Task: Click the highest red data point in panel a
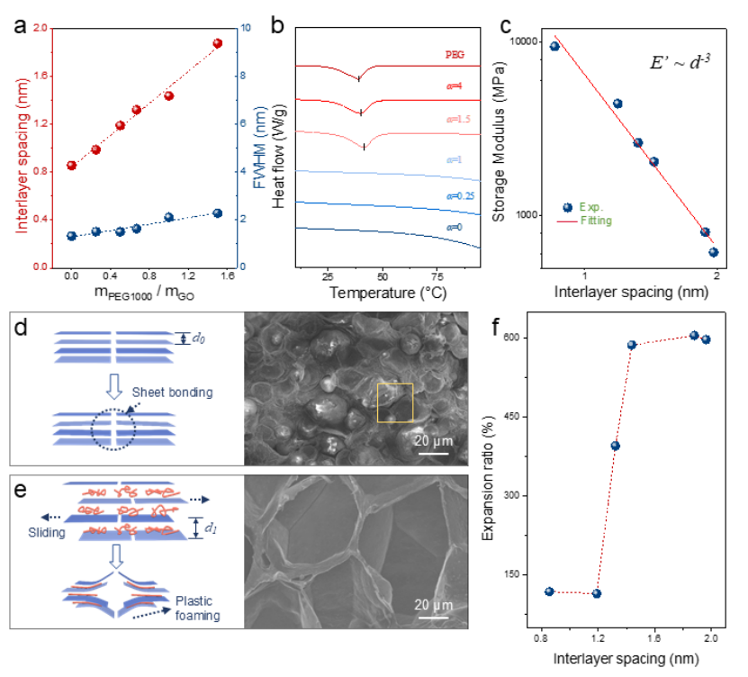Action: click(x=217, y=43)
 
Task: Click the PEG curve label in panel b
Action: click(x=455, y=54)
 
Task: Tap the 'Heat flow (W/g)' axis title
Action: click(x=281, y=148)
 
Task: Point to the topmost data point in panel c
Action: click(x=554, y=47)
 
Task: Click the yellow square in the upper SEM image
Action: click(x=395, y=402)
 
